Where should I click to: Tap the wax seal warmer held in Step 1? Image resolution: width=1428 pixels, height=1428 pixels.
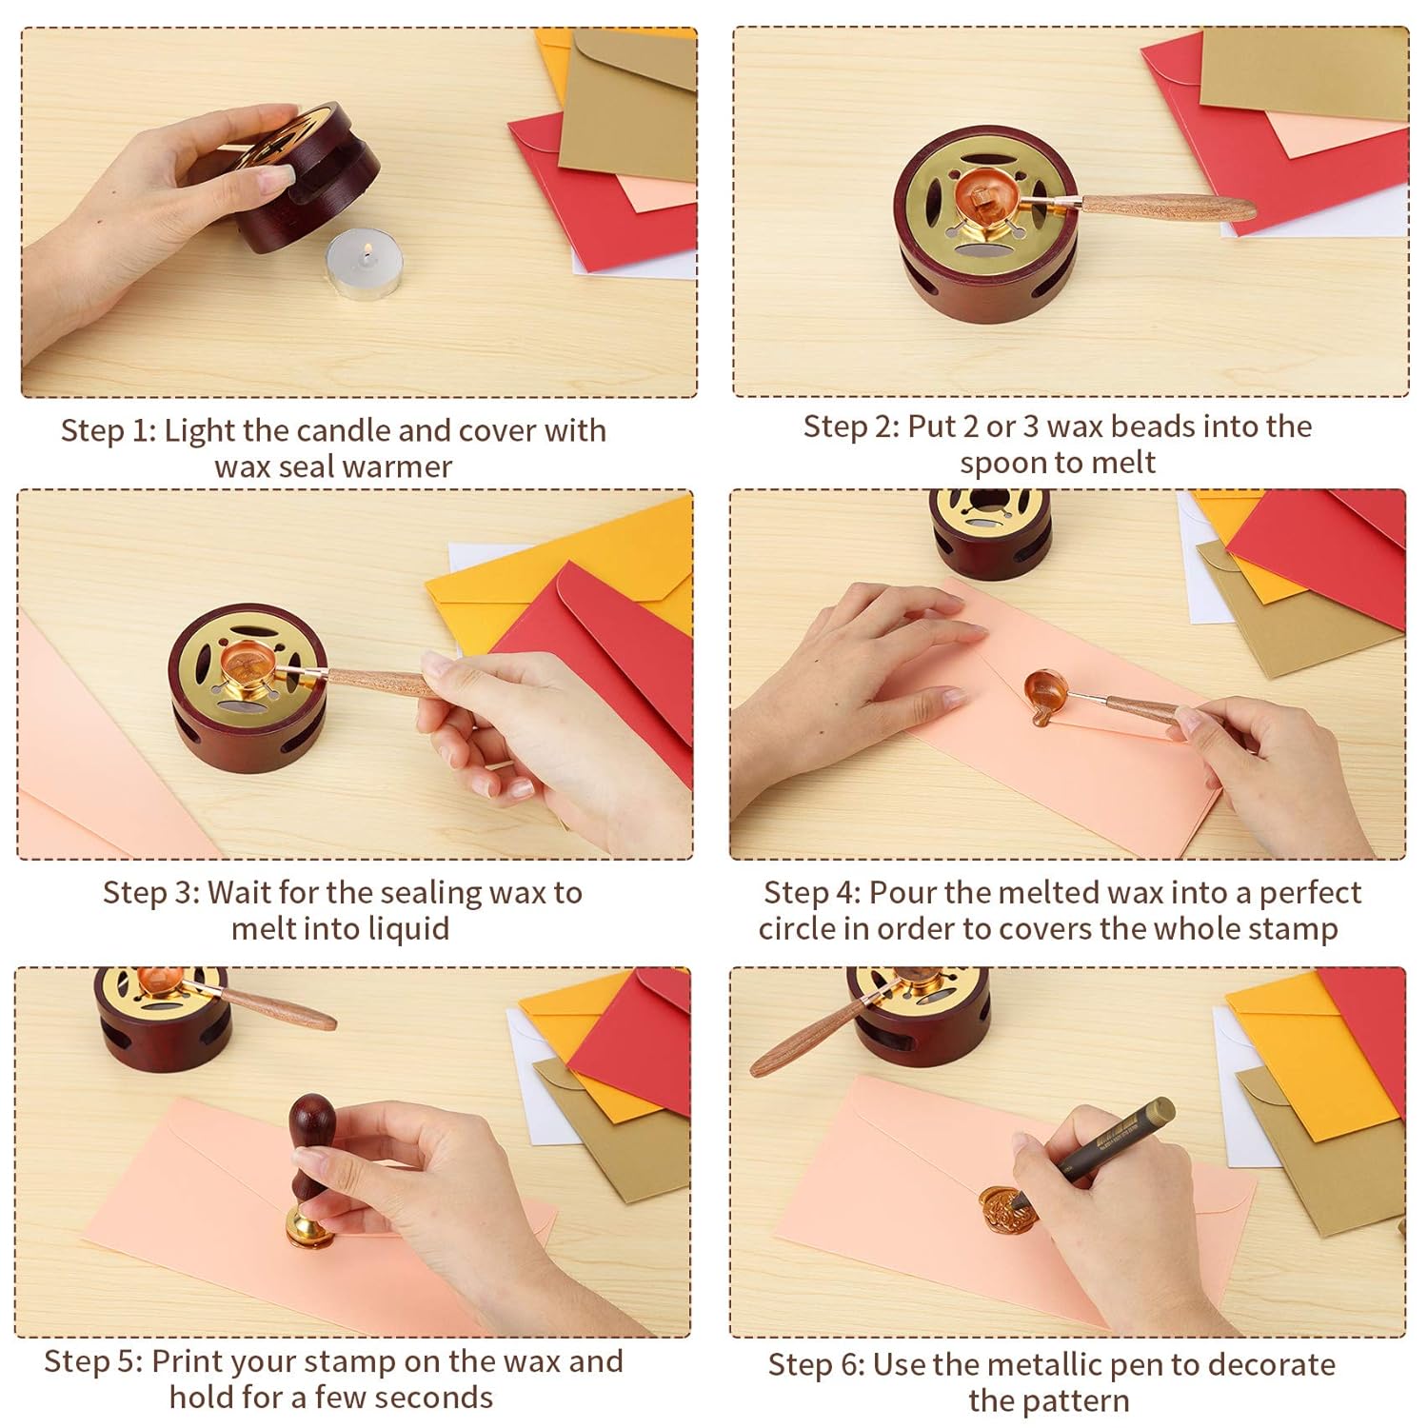(x=305, y=181)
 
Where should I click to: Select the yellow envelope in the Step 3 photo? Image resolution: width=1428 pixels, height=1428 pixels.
(x=533, y=571)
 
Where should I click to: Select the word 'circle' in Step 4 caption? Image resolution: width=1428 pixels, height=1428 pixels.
(x=796, y=928)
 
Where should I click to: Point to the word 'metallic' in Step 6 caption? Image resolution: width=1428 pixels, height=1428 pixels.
(x=1047, y=1364)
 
